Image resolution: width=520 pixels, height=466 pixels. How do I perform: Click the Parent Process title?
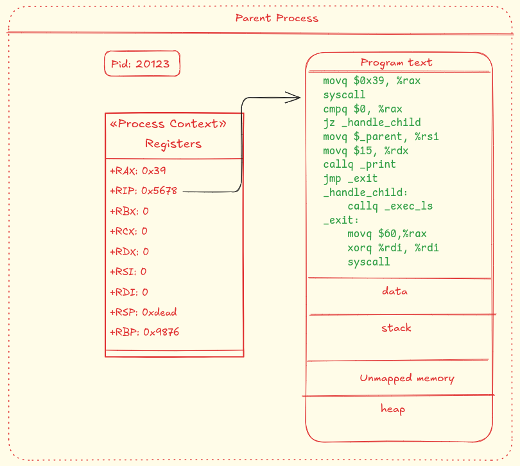(x=277, y=18)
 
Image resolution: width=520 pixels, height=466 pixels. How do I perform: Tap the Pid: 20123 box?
(x=142, y=64)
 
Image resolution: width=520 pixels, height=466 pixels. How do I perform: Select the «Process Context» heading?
(x=168, y=124)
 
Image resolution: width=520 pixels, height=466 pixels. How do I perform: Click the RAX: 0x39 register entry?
(x=138, y=171)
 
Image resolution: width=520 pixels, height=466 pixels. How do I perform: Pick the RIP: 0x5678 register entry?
(x=143, y=191)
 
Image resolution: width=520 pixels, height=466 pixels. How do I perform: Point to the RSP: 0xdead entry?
(x=143, y=312)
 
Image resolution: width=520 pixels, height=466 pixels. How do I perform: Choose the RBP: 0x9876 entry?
(x=144, y=332)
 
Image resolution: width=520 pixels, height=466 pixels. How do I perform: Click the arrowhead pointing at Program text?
(x=297, y=98)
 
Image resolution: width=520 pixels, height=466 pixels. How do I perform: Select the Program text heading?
(x=396, y=63)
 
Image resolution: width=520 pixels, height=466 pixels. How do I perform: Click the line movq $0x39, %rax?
(x=372, y=81)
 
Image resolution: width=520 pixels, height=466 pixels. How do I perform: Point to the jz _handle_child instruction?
(x=372, y=122)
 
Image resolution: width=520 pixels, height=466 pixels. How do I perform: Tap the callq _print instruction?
(x=359, y=165)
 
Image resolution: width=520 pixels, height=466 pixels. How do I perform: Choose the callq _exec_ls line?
(x=390, y=206)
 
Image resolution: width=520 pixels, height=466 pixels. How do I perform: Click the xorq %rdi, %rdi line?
(x=393, y=248)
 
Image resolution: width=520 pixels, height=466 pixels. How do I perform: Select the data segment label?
(x=395, y=291)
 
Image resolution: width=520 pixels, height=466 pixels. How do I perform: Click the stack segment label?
(x=396, y=328)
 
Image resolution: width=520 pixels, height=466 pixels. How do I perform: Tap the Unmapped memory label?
(x=406, y=378)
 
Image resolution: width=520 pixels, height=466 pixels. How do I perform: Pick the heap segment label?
(x=393, y=409)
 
